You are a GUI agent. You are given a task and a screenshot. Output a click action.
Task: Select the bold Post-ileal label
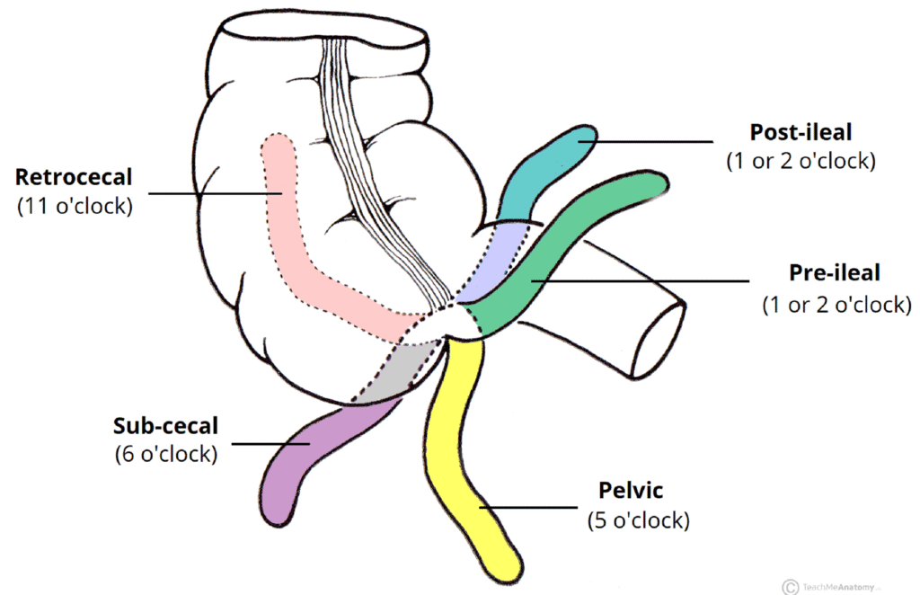coord(800,133)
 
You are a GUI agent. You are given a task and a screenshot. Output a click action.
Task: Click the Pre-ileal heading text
coord(835,272)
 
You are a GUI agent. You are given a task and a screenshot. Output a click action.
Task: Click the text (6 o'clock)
coord(165,454)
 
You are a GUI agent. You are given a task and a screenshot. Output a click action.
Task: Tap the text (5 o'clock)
coord(638,520)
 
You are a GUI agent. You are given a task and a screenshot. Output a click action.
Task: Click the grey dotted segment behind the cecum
coord(395,369)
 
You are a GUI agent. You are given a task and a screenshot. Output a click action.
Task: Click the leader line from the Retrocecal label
coord(216,192)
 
